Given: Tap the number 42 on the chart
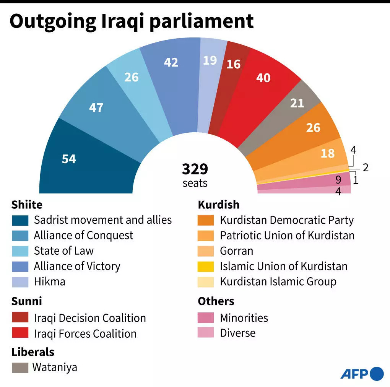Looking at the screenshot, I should [x=171, y=62].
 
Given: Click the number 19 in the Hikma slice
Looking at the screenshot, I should [x=210, y=60].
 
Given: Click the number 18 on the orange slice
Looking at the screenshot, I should [x=328, y=153].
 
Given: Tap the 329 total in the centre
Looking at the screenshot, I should [x=195, y=169].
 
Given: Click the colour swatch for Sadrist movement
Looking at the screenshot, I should [x=20, y=220].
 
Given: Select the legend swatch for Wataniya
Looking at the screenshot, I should [x=20, y=368].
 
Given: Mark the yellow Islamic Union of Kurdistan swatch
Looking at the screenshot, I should [x=206, y=267].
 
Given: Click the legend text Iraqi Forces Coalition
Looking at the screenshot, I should [x=85, y=333].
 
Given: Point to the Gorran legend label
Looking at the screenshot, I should [x=236, y=251].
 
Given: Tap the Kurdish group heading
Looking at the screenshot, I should [x=218, y=205].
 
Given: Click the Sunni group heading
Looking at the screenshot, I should [x=27, y=301].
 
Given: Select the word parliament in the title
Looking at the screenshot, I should [x=202, y=21].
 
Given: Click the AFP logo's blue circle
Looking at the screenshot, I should [x=377, y=373].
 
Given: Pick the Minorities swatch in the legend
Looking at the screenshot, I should [x=206, y=318].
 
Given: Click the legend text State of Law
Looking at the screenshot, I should [x=63, y=251].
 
